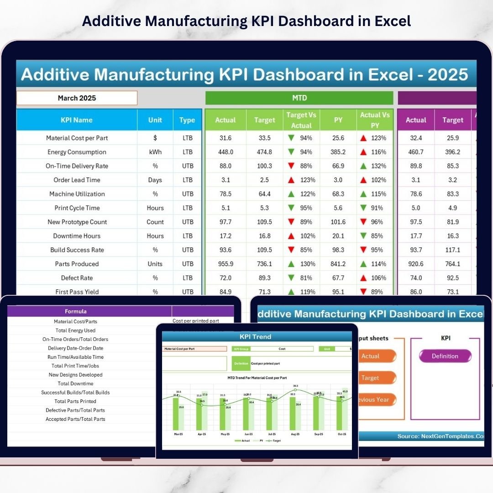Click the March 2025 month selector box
77,98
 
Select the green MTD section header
299,98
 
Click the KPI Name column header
77,120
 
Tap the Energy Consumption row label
77,152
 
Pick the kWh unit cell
155,152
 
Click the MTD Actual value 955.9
226,264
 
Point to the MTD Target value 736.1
265,264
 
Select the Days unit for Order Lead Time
155,180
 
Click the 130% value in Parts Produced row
307,264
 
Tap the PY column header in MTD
338,120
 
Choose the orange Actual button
371,356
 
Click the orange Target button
370,378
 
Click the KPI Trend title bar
256,337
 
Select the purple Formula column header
76,312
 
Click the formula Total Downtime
76,383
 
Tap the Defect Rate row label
77,278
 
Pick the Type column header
187,120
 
